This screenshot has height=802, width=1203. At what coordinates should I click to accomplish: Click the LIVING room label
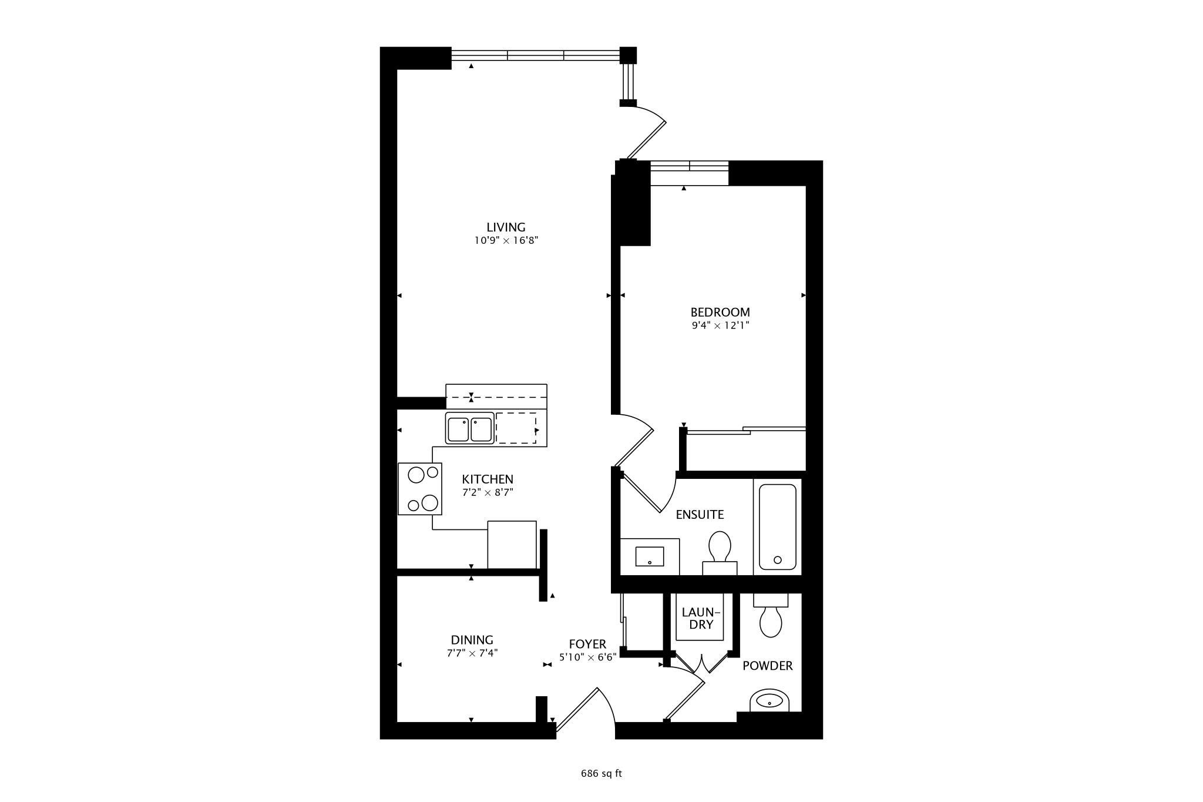[x=506, y=227]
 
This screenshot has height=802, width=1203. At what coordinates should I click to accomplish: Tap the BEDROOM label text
[x=720, y=312]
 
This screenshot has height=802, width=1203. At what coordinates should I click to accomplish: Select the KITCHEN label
[x=488, y=479]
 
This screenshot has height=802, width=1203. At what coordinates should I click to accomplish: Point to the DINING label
[x=472, y=640]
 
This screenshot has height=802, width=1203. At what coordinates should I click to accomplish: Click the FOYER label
[x=587, y=645]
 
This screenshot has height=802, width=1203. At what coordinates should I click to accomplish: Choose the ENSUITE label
[x=700, y=515]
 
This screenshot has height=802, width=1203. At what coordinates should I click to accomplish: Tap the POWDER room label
[x=768, y=666]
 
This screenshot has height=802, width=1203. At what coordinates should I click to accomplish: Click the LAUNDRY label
[x=701, y=618]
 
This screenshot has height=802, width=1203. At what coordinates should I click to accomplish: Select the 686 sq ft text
[x=601, y=773]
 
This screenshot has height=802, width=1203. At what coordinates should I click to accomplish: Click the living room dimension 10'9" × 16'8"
[x=506, y=240]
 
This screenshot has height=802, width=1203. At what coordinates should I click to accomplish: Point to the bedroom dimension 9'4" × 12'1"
[x=721, y=326]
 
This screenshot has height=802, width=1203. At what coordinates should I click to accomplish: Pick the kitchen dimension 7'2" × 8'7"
[x=488, y=492]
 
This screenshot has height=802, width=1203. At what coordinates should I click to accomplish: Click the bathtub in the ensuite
[x=778, y=526]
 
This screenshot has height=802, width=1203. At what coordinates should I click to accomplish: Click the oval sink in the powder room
[x=769, y=700]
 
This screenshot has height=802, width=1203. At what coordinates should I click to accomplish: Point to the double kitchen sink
[x=469, y=428]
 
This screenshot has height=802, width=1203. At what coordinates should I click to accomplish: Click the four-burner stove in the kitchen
[x=419, y=489]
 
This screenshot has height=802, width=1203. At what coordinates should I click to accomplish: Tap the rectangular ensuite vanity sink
[x=650, y=556]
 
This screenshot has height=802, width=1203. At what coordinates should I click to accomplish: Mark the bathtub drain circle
[x=778, y=560]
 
